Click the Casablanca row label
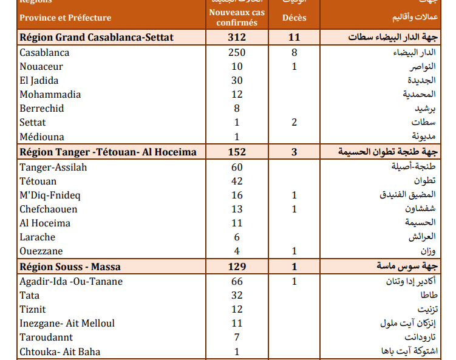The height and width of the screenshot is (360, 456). click(x=44, y=53)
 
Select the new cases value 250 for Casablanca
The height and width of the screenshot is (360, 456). click(x=237, y=53)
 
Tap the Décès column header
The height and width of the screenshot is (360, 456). click(x=294, y=18)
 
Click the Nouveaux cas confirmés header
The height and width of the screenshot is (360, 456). click(x=237, y=18)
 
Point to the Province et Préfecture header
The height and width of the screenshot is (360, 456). click(x=65, y=18)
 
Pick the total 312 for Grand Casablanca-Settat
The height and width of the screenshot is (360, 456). click(x=237, y=38)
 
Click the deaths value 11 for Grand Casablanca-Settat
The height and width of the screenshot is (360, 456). click(x=294, y=38)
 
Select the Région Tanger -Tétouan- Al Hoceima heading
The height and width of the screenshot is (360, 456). click(x=108, y=152)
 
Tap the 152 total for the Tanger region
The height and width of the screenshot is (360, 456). click(x=237, y=152)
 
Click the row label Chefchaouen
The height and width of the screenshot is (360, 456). click(x=49, y=209)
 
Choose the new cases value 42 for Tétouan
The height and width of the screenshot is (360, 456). click(x=237, y=181)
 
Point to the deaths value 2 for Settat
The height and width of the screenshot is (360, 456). click(x=294, y=123)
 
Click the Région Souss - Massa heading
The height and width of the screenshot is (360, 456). click(x=70, y=267)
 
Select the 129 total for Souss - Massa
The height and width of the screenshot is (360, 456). click(x=237, y=267)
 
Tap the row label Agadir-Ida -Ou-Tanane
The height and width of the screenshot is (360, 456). click(x=71, y=281)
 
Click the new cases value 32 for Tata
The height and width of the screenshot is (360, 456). click(x=237, y=295)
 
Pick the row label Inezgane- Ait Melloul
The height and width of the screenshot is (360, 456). click(x=67, y=324)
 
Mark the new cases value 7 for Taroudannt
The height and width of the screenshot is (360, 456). click(x=237, y=338)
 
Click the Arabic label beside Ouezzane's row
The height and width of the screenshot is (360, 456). click(x=429, y=251)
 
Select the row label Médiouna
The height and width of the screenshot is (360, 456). click(x=42, y=137)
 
